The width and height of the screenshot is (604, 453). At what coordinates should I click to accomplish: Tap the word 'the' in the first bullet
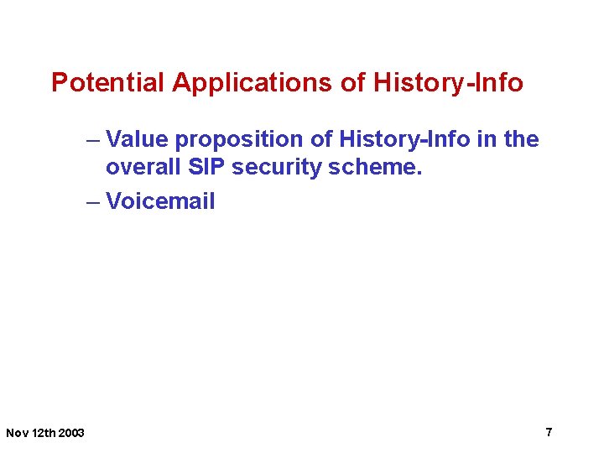click(520, 139)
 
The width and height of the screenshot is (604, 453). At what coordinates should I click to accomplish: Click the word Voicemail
click(160, 201)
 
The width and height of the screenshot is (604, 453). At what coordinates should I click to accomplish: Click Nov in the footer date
click(17, 433)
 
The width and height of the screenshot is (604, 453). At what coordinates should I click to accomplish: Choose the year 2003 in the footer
click(72, 433)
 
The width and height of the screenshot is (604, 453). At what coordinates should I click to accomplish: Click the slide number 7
click(549, 432)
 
